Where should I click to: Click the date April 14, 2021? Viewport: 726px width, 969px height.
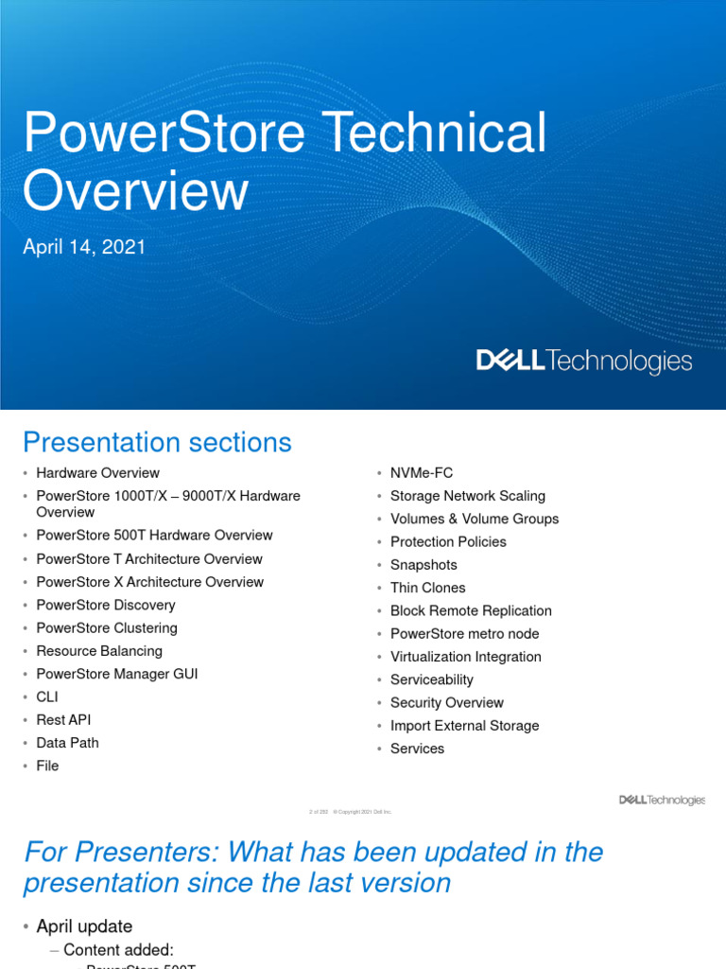[84, 247]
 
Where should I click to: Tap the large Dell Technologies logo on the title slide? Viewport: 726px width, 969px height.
[583, 361]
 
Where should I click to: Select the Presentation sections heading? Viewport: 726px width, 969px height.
[157, 442]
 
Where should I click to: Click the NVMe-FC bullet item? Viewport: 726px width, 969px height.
[421, 473]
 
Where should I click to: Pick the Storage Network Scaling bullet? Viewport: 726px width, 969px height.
[467, 496]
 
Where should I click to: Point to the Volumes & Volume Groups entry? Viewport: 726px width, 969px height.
[474, 519]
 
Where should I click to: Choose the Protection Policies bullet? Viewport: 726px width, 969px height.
[448, 542]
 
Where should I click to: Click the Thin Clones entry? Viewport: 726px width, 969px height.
[427, 588]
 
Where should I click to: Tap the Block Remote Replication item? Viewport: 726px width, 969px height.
[471, 611]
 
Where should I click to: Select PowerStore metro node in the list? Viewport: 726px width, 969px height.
[464, 634]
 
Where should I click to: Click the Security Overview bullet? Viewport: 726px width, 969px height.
[446, 703]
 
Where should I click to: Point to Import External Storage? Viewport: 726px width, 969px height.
[464, 726]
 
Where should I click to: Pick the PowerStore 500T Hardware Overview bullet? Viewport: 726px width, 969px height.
[154, 536]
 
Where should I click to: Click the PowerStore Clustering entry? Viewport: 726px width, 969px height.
[107, 628]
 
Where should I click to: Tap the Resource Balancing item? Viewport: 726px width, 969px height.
[99, 651]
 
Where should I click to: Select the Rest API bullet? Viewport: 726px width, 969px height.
[63, 720]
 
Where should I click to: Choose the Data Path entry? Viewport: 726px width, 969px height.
[67, 743]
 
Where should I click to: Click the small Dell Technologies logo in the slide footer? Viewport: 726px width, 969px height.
[662, 801]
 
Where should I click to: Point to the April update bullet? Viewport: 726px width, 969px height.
[84, 926]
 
